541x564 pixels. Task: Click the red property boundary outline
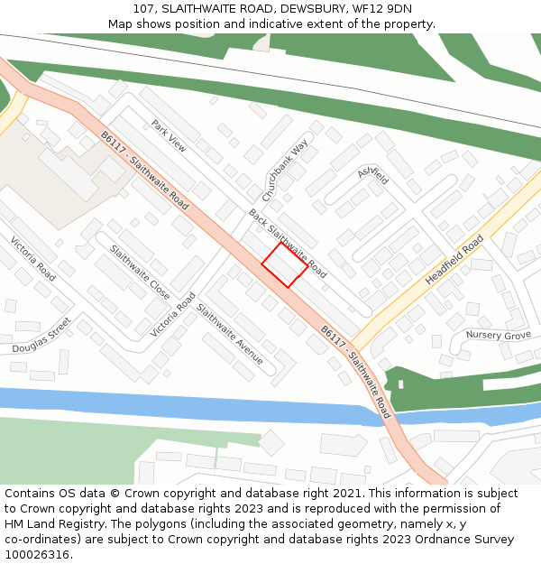pos(284,264)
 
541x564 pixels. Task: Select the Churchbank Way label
pos(285,170)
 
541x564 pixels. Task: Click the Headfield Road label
pos(454,261)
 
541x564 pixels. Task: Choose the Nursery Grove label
pos(498,336)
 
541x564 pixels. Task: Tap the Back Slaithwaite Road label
pos(287,242)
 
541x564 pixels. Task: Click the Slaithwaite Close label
pos(140,273)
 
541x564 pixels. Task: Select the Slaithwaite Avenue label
pos(230,334)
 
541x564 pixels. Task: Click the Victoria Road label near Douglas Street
pos(33,258)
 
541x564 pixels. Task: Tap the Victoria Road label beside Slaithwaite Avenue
pos(173,315)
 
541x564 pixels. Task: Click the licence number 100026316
pos(37,555)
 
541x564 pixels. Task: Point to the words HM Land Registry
pos(47,524)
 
